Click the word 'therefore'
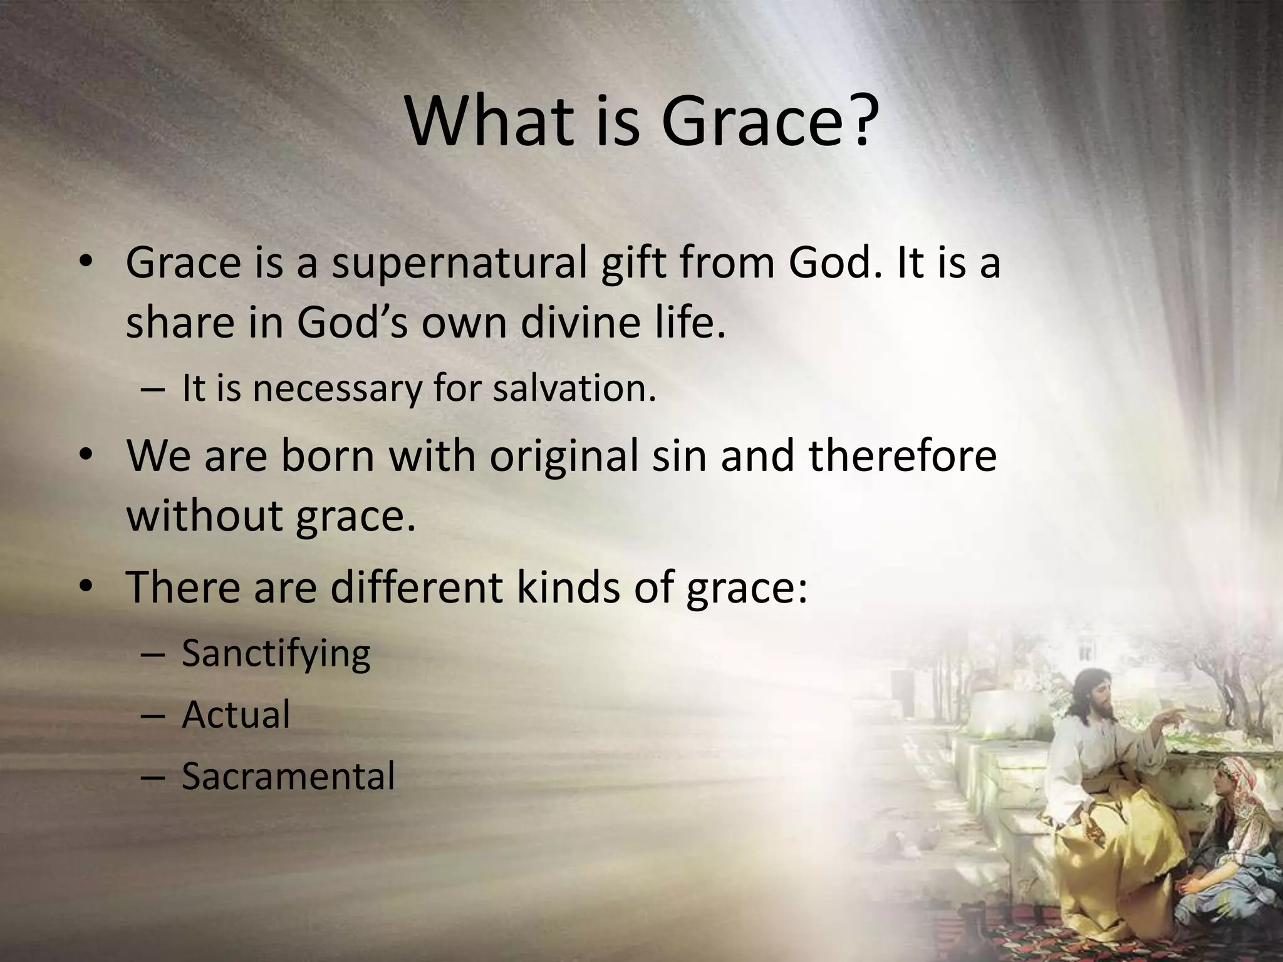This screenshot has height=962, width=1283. [903, 455]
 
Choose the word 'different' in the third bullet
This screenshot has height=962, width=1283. [416, 587]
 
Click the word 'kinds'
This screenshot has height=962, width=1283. [567, 587]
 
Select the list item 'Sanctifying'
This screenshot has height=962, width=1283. [276, 654]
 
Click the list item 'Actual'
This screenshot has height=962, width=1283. [236, 715]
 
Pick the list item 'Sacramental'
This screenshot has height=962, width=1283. [288, 777]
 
